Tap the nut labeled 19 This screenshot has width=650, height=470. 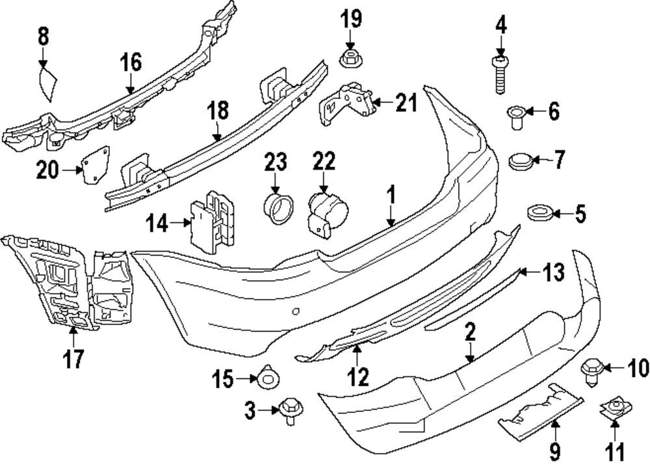click(x=350, y=59)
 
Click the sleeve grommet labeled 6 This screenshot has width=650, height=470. click(x=515, y=116)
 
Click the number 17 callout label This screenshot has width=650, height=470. click(x=73, y=358)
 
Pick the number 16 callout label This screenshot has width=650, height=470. click(x=130, y=63)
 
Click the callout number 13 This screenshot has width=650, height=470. click(x=554, y=273)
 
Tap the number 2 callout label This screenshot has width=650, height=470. click(x=470, y=333)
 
